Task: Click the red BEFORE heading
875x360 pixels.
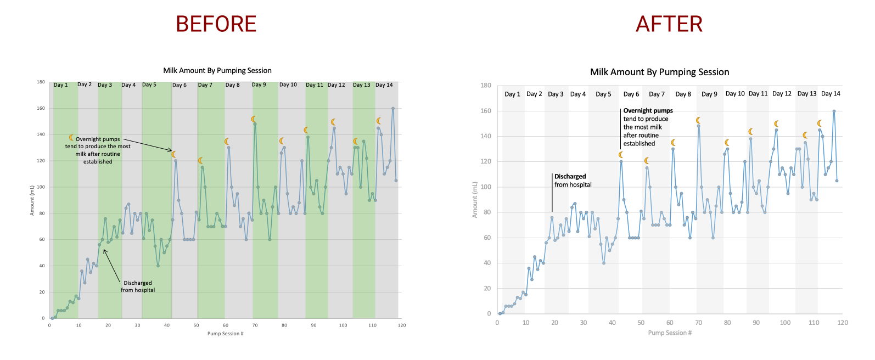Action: pos(216,24)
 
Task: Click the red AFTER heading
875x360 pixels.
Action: pos(669,24)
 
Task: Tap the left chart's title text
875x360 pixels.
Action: pos(217,70)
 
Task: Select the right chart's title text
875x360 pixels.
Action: pos(659,72)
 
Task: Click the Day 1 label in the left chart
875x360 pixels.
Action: pos(60,85)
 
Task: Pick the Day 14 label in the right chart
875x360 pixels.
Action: pos(831,94)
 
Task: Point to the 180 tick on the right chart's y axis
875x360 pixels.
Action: pos(486,86)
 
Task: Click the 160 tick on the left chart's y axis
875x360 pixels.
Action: pos(41,108)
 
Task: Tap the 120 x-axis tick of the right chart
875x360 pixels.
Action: pos(843,323)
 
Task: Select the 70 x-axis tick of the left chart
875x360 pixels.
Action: pos(255,325)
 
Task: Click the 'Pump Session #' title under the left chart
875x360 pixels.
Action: pos(225,334)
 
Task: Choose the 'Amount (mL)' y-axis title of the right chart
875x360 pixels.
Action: pos(475,200)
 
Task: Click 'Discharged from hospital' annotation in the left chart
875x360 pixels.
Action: pos(138,286)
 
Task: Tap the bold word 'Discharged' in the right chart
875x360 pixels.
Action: pos(570,177)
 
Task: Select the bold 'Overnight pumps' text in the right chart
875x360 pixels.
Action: pos(648,111)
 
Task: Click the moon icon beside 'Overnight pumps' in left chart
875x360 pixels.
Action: pos(71,138)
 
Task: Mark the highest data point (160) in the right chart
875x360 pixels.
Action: pos(834,111)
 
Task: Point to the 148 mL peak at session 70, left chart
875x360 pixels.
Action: pos(255,124)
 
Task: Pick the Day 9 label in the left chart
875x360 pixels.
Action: pos(259,85)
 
